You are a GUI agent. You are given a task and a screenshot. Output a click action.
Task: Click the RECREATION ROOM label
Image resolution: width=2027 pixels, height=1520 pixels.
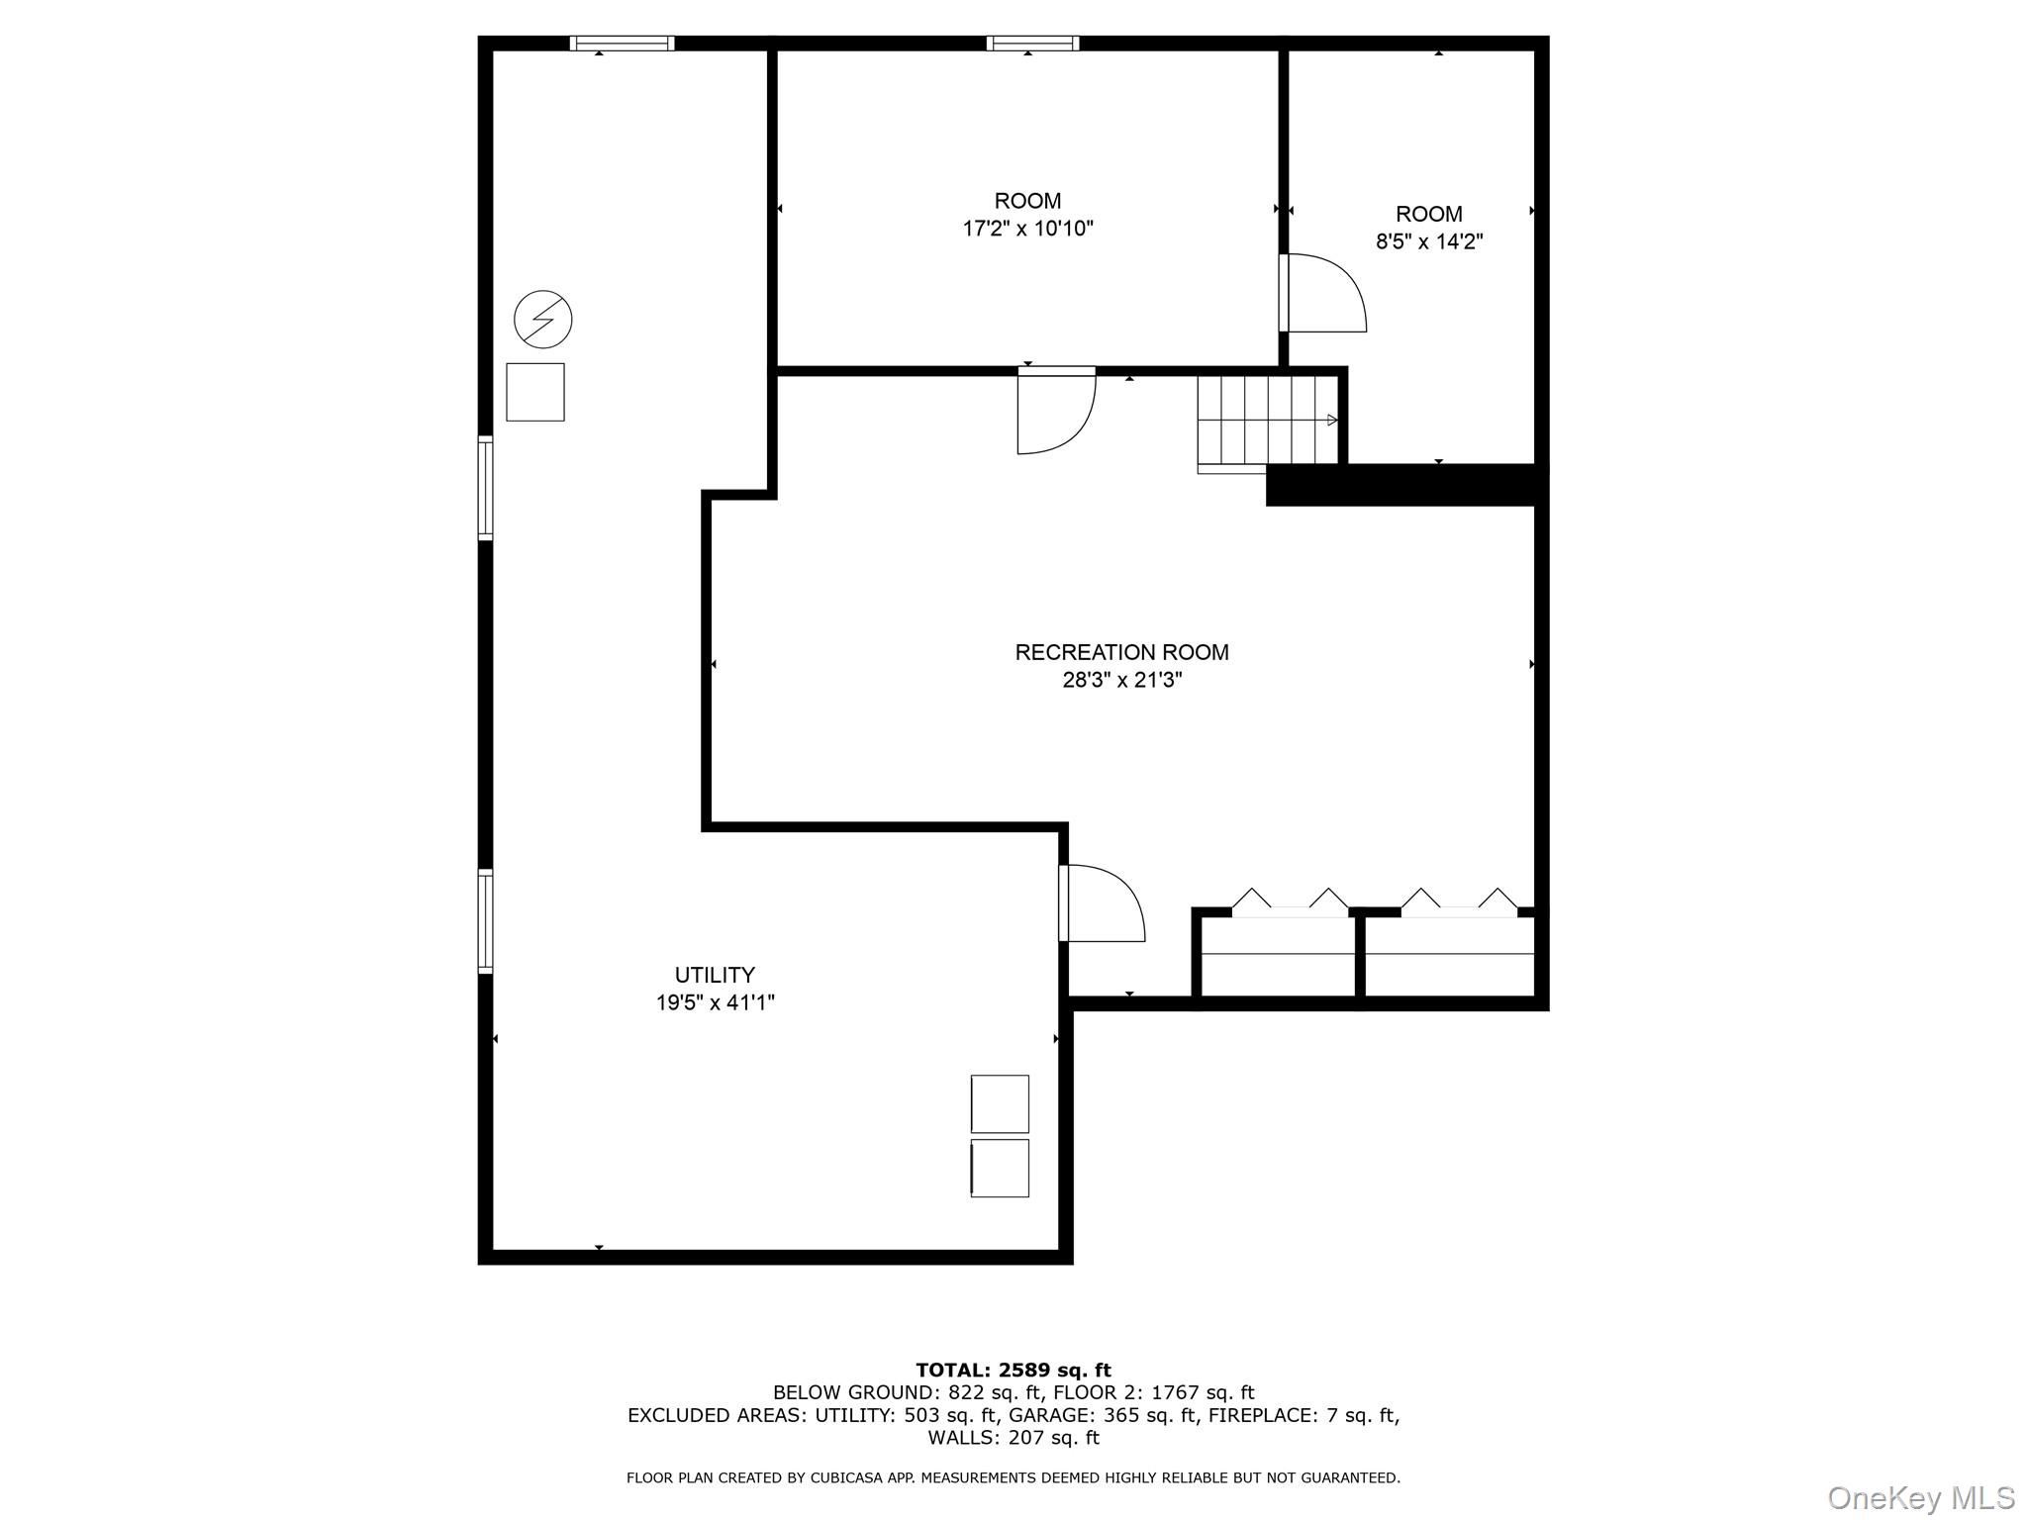(1121, 652)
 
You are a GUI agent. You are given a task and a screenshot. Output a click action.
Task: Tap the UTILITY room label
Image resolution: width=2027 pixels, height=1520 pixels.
(715, 975)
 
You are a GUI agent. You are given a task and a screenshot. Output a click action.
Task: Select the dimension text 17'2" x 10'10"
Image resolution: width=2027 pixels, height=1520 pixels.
(1027, 229)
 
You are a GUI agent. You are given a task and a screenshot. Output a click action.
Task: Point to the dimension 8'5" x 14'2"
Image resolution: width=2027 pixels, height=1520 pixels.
(1429, 241)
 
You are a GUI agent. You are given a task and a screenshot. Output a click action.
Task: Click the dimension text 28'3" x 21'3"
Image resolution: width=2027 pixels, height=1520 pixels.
(1121, 680)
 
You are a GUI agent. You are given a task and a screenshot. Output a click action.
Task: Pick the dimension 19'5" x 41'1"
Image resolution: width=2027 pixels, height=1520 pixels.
(715, 1002)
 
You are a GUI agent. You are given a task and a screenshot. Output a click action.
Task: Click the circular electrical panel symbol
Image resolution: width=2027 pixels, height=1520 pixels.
(543, 319)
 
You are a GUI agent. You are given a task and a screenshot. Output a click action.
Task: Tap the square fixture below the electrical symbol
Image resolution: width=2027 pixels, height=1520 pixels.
(535, 392)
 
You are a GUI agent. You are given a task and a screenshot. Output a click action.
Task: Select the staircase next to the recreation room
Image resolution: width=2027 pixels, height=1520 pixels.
(1267, 421)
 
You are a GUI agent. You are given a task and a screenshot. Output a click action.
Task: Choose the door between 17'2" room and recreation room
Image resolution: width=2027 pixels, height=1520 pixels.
(1055, 411)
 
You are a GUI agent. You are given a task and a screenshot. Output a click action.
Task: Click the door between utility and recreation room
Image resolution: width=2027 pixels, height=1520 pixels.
(1101, 902)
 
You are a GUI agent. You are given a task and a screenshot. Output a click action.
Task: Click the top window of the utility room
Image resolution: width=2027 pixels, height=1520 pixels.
(622, 43)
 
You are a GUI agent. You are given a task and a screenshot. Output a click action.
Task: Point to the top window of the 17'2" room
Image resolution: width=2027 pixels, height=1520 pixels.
(1032, 43)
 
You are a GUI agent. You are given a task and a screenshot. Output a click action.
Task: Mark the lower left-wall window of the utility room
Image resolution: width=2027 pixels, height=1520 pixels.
(485, 920)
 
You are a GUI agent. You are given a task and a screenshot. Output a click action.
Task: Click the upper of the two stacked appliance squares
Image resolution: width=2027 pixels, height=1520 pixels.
(1000, 1103)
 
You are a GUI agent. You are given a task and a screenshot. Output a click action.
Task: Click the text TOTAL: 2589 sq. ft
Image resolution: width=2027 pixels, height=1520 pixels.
(1013, 1371)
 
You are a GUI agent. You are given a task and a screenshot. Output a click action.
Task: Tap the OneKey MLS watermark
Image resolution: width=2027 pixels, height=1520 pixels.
(1920, 1497)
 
